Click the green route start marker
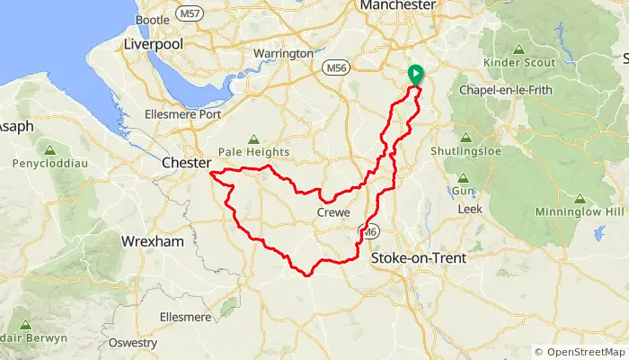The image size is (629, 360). click(415, 75)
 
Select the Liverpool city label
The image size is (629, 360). click(153, 44)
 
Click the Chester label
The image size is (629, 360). click(184, 164)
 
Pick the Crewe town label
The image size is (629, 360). click(333, 212)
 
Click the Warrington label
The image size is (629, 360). click(282, 54)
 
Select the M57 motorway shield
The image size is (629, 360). click(189, 13)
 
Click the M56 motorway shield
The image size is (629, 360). click(334, 67)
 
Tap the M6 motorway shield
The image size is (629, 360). click(368, 233)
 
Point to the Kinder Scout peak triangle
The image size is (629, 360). click(518, 49)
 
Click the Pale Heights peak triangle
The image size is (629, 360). click(253, 139)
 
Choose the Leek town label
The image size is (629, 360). click(470, 209)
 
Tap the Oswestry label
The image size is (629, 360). click(131, 343)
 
